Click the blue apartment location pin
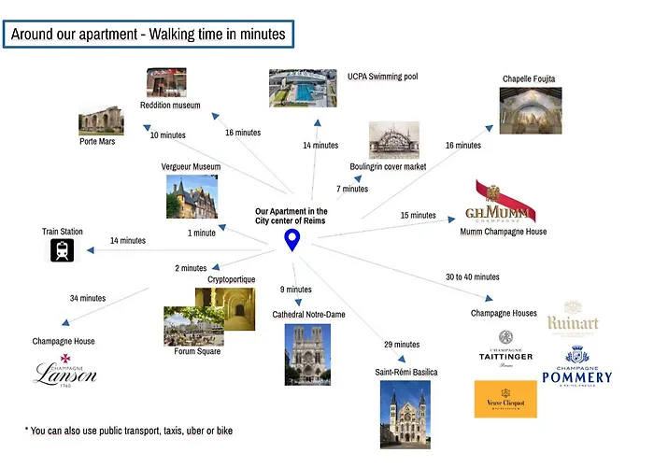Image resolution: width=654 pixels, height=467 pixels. (x=291, y=241)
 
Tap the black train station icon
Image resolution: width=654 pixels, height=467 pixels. (x=63, y=250)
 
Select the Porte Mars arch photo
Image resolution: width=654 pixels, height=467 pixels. (x=101, y=120)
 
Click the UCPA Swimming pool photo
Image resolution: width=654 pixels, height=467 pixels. (x=303, y=88)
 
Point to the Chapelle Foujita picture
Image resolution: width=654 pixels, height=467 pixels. (x=531, y=110)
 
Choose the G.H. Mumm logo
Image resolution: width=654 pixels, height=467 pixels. (x=501, y=202)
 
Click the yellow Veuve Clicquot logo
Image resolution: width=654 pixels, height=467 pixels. (x=505, y=399)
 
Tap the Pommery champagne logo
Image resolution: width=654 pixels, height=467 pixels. (x=577, y=366)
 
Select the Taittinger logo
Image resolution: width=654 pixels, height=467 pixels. (x=505, y=349)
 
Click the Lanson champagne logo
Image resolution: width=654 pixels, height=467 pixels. (x=65, y=371)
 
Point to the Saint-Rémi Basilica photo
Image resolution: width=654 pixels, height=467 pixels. (x=405, y=415)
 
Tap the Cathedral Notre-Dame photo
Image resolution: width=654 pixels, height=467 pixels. (x=307, y=354)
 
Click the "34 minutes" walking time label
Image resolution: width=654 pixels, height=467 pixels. (x=88, y=298)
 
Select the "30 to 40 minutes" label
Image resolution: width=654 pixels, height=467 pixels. (x=473, y=276)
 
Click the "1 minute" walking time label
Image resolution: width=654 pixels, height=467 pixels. (x=202, y=233)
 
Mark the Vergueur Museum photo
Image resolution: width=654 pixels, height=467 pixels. (x=192, y=196)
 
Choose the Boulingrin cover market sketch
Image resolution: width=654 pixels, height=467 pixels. (x=394, y=140)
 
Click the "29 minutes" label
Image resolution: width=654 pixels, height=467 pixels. (x=402, y=345)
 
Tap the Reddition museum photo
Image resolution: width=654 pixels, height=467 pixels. (x=166, y=82)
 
